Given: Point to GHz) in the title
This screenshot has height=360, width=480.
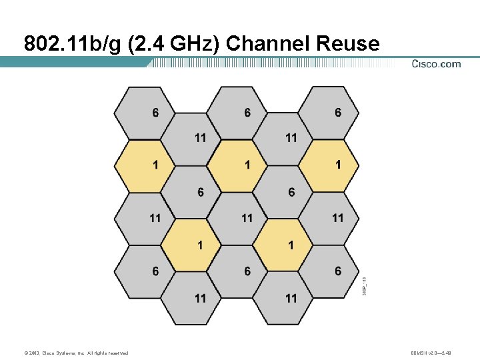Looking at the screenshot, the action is pyautogui.click(x=196, y=43).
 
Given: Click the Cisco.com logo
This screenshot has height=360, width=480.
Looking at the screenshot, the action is pyautogui.click(x=436, y=64).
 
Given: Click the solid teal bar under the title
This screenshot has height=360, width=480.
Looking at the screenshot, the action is pyautogui.click(x=73, y=61).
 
